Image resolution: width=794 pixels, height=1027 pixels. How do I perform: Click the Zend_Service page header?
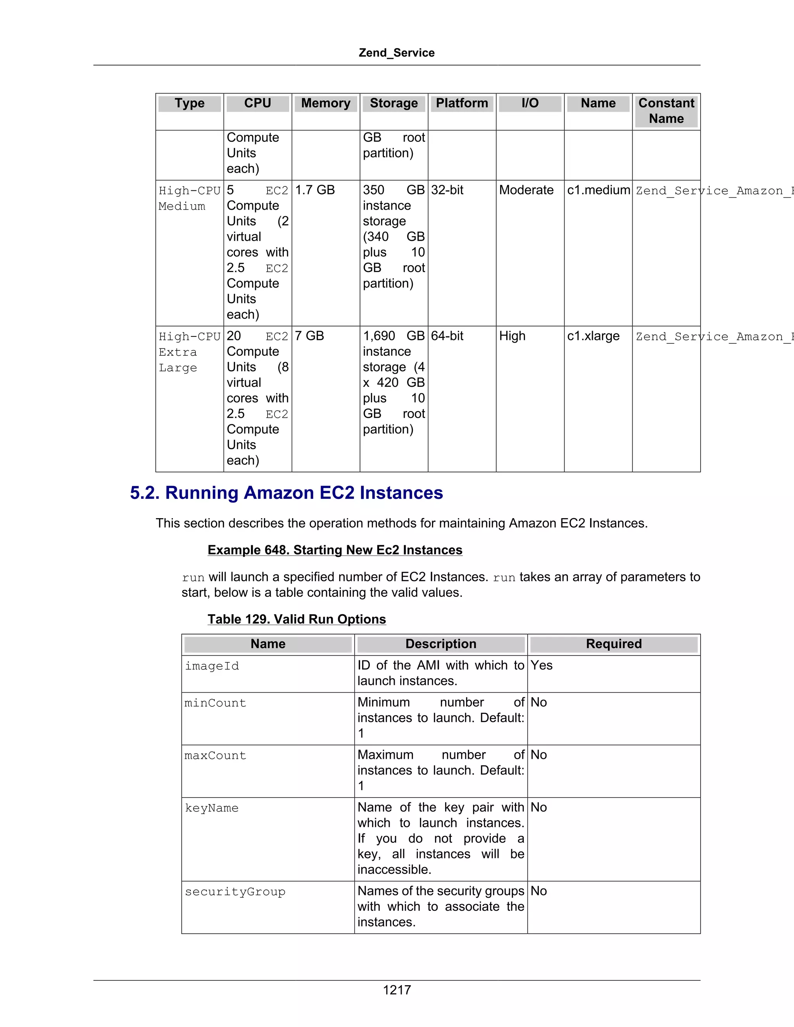(x=396, y=53)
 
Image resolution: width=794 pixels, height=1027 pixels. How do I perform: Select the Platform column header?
(x=461, y=103)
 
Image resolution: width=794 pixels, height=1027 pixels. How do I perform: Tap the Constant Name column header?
(x=666, y=110)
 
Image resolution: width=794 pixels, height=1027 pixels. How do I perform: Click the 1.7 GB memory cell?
(x=315, y=190)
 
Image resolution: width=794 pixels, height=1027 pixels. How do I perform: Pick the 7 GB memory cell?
(x=309, y=336)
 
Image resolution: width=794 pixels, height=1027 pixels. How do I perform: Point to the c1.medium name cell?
(x=598, y=190)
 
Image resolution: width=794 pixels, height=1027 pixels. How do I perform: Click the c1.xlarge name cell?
(x=593, y=336)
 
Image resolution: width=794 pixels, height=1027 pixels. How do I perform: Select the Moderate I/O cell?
(x=526, y=190)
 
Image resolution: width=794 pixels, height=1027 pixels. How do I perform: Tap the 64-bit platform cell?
(x=447, y=336)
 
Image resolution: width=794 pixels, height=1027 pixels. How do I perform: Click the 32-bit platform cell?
(x=447, y=190)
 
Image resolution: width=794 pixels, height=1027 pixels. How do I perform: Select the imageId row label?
(x=212, y=666)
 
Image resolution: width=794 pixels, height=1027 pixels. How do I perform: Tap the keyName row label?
(x=211, y=808)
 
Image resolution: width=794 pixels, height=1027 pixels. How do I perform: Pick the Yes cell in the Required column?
(x=541, y=665)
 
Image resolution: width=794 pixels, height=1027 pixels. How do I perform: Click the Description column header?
(x=440, y=644)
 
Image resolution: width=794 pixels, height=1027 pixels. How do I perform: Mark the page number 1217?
(x=397, y=990)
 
